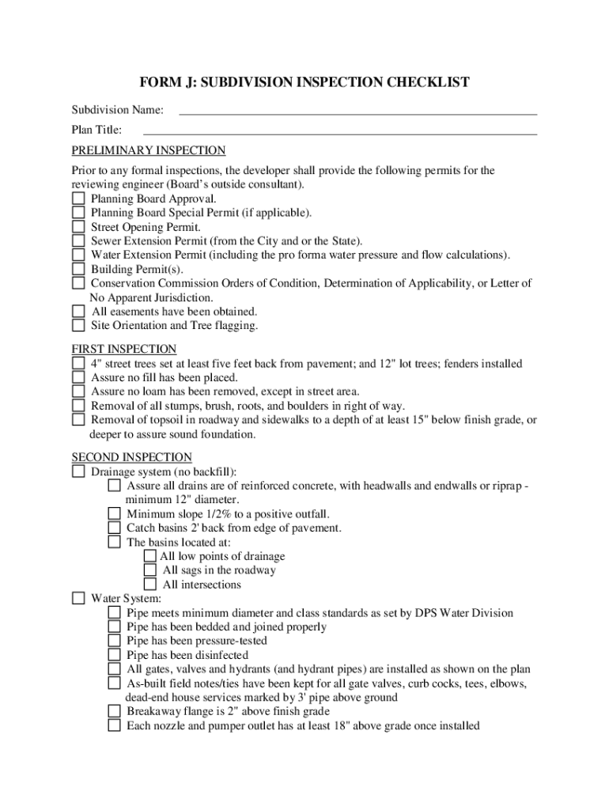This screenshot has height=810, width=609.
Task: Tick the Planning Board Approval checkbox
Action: coord(78,199)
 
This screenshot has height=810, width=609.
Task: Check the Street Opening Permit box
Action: coord(78,227)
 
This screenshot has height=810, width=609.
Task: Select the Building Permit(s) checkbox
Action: coord(78,269)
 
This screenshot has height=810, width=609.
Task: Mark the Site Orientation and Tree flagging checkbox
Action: coord(78,325)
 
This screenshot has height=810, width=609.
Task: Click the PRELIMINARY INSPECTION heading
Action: coord(149,150)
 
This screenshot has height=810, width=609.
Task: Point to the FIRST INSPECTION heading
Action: coord(124,349)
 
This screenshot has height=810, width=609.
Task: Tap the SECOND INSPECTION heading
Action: coord(132,457)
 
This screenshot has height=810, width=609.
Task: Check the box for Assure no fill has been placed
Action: coord(78,377)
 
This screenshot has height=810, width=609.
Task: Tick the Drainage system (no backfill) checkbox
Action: coord(78,471)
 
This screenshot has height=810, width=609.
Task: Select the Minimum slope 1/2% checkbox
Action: coord(114,514)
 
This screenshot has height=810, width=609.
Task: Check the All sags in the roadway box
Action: coord(150,570)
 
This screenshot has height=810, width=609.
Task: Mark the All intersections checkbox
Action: coord(150,585)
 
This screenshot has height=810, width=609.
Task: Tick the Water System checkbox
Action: coord(78,599)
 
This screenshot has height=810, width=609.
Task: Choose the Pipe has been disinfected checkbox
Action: coord(114,655)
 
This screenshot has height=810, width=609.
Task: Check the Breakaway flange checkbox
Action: coord(114,711)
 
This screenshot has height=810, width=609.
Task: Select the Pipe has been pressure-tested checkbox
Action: coord(114,641)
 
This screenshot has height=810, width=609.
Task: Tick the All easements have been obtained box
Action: coord(78,312)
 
